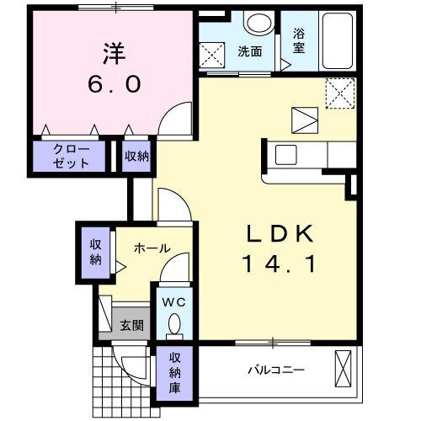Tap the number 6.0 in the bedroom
coord(115,85)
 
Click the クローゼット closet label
coord(71,156)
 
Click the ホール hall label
coord(152,248)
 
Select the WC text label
coord(173,301)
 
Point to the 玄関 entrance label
coord(130,326)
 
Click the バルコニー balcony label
coord(275,370)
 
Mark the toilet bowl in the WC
coord(174,323)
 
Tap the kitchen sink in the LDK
coord(285,155)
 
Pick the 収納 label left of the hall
coord(96,251)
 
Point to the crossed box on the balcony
coord(344,368)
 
